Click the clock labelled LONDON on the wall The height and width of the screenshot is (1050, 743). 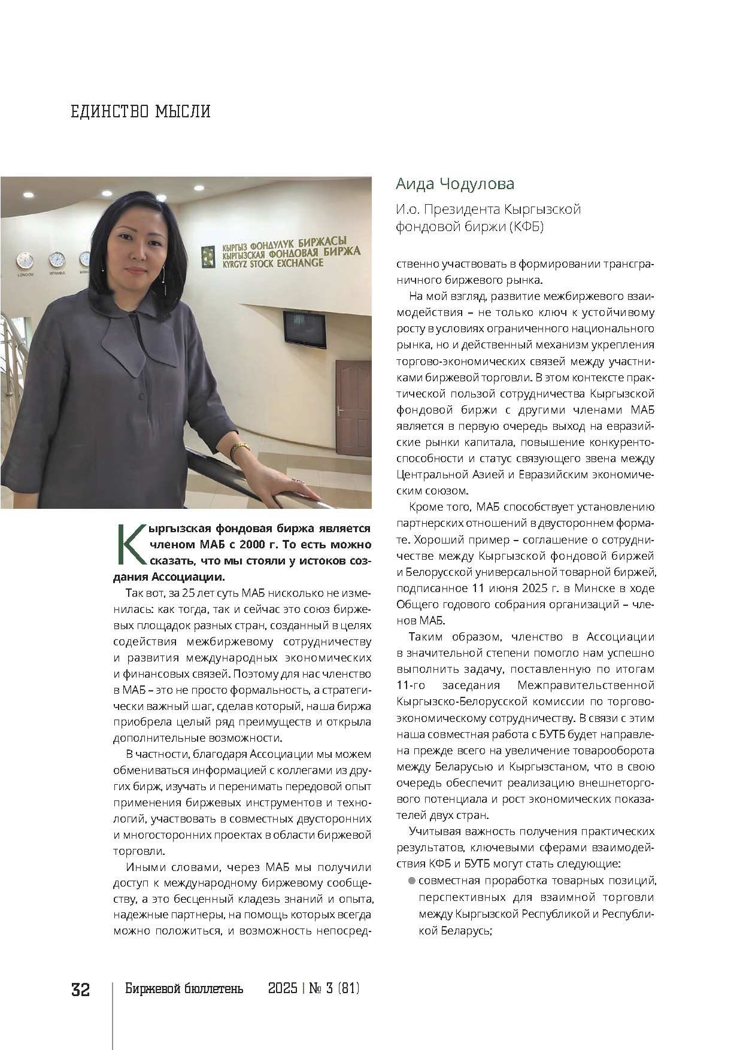25,260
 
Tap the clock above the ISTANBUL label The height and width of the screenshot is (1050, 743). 57,259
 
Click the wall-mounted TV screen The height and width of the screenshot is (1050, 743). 305,328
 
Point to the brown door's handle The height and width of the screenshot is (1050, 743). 339,411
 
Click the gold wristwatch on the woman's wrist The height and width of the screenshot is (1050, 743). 240,449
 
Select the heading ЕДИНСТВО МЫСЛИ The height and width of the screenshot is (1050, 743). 141,112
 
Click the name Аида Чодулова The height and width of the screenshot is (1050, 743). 455,184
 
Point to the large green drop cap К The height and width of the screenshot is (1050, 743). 131,544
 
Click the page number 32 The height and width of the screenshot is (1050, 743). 81,990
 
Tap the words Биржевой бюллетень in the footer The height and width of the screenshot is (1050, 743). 184,988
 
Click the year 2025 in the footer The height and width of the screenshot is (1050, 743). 283,988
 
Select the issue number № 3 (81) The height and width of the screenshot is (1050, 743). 334,988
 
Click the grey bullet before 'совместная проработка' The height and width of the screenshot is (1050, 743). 411,881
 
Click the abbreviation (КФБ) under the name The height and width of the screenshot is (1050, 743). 526,226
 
